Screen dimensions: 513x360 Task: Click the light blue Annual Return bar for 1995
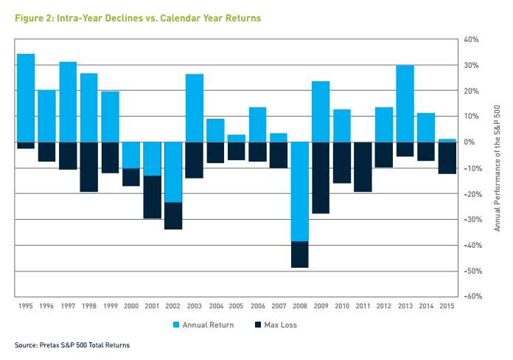pyautogui.click(x=26, y=98)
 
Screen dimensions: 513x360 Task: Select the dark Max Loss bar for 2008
pyautogui.click(x=300, y=255)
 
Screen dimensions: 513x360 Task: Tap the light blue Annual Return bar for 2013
pyautogui.click(x=405, y=104)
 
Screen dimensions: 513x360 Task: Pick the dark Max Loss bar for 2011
pyautogui.click(x=363, y=167)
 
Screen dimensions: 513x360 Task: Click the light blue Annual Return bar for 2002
pyautogui.click(x=173, y=173)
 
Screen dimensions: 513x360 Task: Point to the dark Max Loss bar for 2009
pyautogui.click(x=321, y=178)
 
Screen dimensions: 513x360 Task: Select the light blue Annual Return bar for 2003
pyautogui.click(x=195, y=108)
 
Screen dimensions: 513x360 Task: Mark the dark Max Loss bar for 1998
pyautogui.click(x=89, y=167)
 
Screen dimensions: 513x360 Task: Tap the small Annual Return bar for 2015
pyautogui.click(x=447, y=140)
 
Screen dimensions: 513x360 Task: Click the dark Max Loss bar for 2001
pyautogui.click(x=153, y=197)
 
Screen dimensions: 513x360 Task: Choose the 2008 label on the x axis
pyautogui.click(x=300, y=306)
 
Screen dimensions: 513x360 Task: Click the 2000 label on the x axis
pyautogui.click(x=131, y=306)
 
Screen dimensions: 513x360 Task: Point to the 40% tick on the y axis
pyautogui.click(x=471, y=40)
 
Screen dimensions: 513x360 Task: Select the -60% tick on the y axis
pyautogui.click(x=472, y=296)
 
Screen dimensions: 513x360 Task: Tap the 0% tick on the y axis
pyautogui.click(x=470, y=142)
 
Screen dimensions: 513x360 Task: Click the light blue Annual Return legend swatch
pyautogui.click(x=176, y=325)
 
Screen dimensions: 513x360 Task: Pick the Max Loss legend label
pyautogui.click(x=280, y=325)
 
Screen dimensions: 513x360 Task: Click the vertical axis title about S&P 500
pyautogui.click(x=497, y=168)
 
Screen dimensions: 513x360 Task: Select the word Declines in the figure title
pyautogui.click(x=125, y=18)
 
